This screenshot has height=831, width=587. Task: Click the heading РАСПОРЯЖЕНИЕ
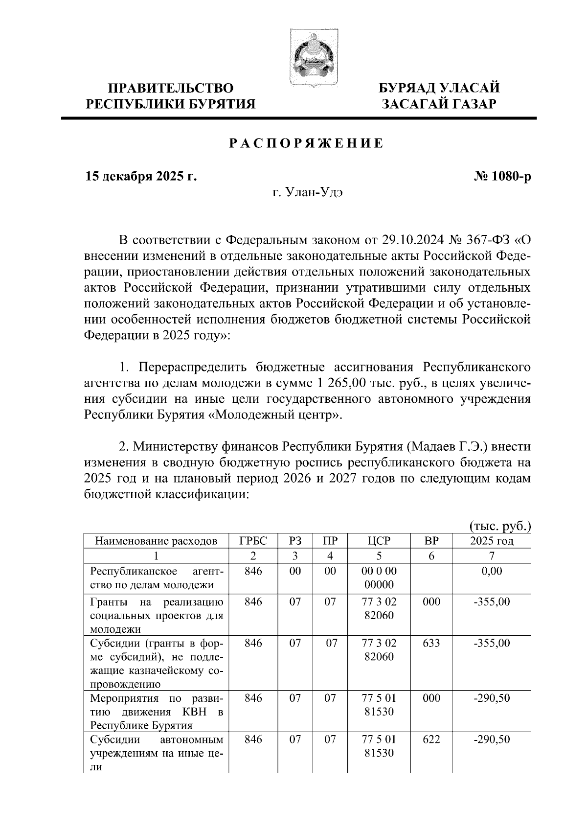coord(306,143)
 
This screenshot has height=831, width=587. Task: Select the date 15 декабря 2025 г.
coord(141,176)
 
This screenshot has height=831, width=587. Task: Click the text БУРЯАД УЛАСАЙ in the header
coord(439,88)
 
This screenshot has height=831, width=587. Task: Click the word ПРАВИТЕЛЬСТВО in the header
coord(170,88)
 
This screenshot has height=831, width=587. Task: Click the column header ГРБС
coord(253,541)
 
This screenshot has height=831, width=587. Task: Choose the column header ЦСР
coord(379,541)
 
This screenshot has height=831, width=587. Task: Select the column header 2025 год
coord(492,541)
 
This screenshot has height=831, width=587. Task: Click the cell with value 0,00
coord(492,571)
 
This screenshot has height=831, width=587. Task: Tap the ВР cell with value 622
coord(431,739)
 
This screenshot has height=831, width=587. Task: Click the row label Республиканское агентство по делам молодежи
coord(156,577)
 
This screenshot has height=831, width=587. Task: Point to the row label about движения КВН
coord(156,712)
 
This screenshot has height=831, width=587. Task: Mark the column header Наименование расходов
coord(156,541)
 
